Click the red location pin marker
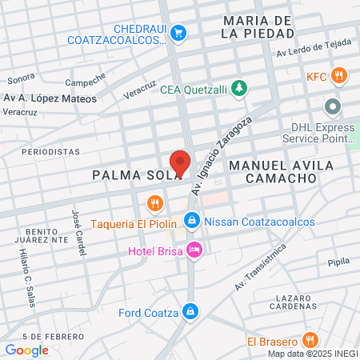[x=180, y=163]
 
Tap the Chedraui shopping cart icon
[x=179, y=34]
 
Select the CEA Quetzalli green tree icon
[x=238, y=90]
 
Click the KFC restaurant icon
[x=340, y=77]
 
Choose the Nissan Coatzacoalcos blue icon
[x=191, y=221]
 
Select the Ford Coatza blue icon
[x=190, y=311]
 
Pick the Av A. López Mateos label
[x=50, y=98]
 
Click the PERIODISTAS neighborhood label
[x=51, y=150]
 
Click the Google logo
[x=26, y=350]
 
